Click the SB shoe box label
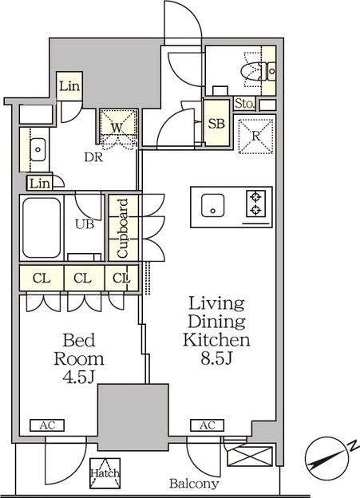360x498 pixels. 216,123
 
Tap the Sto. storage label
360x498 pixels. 245,104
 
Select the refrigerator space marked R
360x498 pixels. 255,136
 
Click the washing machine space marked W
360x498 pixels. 118,126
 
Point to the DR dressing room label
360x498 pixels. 93,157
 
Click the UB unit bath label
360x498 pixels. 85,224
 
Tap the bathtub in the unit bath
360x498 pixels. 42,227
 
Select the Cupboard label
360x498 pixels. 122,228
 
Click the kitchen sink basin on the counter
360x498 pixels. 212,205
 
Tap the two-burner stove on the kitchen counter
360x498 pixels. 255,204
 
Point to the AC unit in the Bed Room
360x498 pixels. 47,425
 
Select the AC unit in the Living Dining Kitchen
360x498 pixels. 208,425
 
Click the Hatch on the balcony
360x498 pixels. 105,473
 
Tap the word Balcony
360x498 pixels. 194,484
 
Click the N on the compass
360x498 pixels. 352,446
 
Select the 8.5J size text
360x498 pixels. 217,358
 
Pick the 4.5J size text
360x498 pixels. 78,377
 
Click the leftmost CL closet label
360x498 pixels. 42,279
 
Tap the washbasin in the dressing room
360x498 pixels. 38,149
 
